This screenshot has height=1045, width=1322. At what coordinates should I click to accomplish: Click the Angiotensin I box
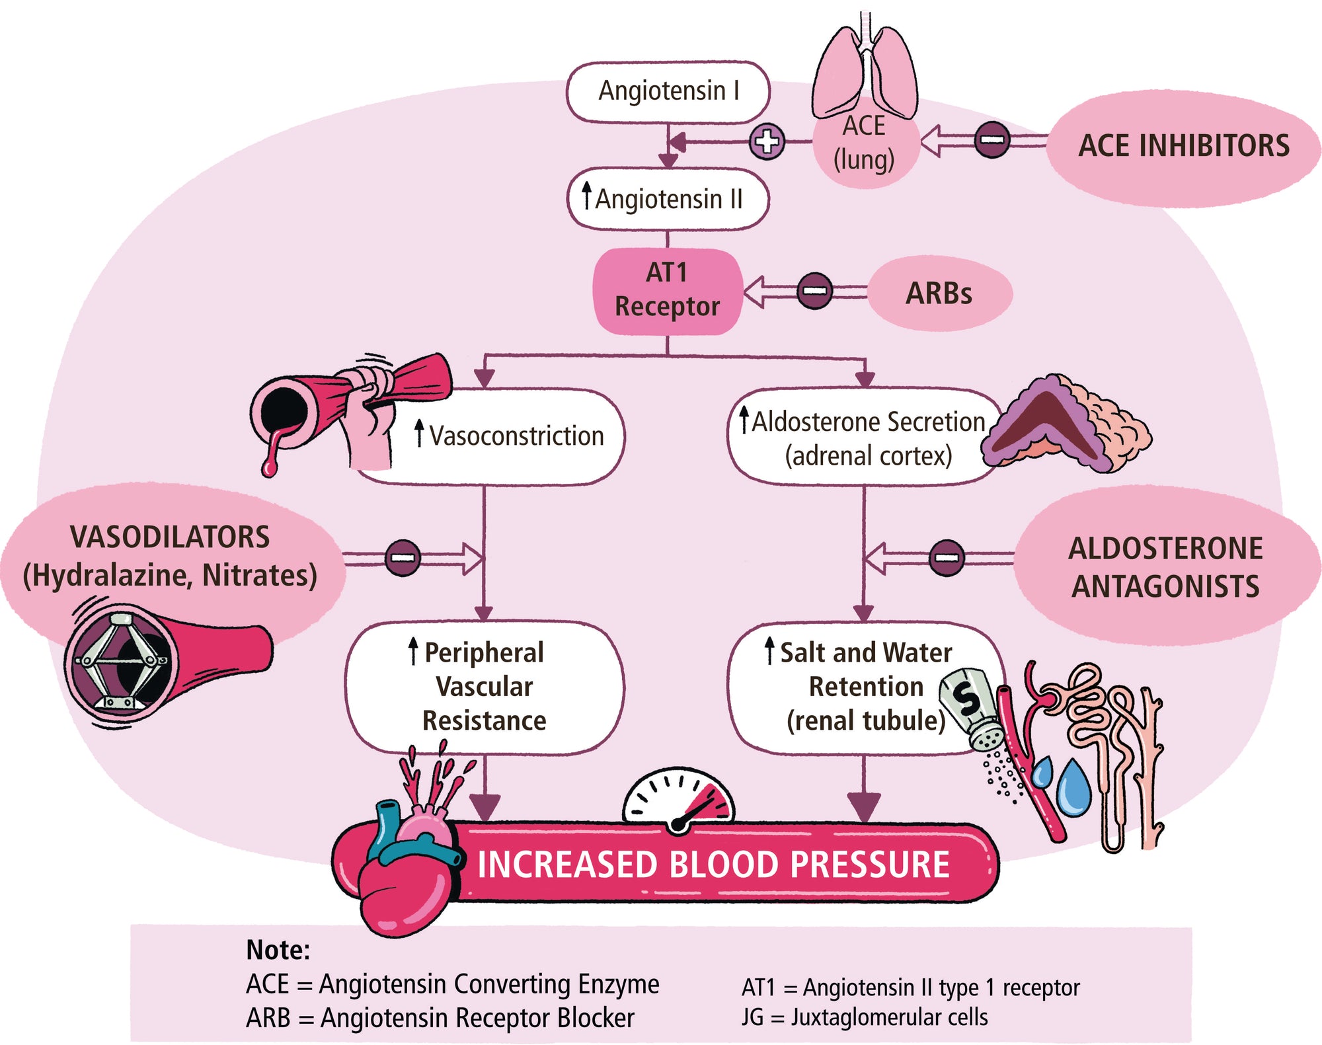pos(668,92)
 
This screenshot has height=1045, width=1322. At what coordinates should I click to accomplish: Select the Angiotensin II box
pos(668,199)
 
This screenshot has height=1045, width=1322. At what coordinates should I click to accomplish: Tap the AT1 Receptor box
pos(667,290)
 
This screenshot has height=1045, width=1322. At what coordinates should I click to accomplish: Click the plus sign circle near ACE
pos(767,141)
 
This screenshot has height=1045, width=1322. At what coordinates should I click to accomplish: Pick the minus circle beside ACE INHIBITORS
pos(991,140)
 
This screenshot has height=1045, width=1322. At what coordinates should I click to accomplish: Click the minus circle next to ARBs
pos(814,291)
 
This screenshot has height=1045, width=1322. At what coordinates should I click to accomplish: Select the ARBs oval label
pos(939,293)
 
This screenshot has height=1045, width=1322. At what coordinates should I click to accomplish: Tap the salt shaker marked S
pos(972,707)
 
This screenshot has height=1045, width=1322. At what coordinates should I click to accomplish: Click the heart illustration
pos(407,872)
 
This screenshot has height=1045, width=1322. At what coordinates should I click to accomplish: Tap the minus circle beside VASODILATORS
pos(403,557)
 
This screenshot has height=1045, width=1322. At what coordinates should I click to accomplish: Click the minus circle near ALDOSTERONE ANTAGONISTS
pos(946,557)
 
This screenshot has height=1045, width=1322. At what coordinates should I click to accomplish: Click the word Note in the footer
pos(278,950)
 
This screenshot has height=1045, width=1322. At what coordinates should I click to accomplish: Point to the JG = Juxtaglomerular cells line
pos(865,1017)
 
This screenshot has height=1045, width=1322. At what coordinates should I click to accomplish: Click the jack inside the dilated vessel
pos(122,661)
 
